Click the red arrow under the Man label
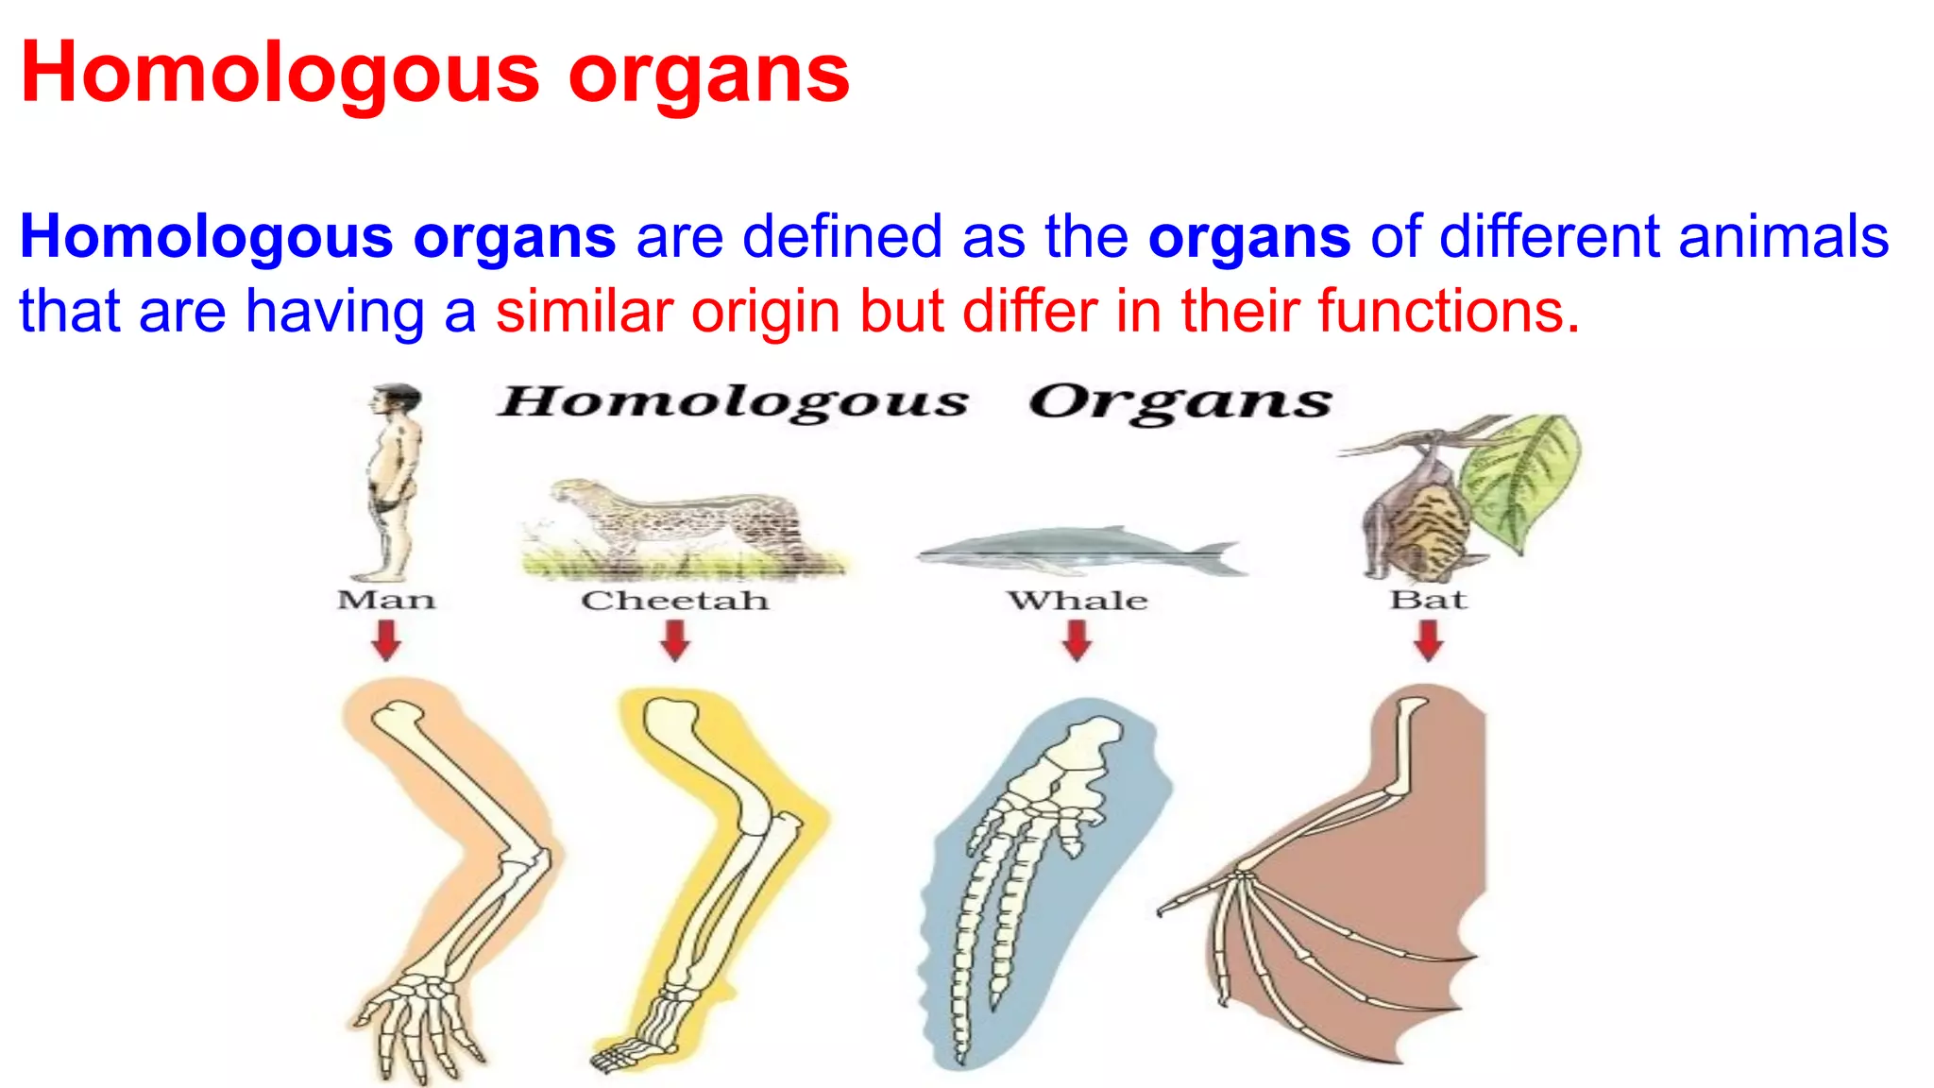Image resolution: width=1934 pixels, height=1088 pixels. (386, 640)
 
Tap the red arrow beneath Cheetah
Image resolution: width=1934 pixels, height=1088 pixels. (674, 640)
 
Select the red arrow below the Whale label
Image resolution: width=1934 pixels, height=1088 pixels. (1077, 640)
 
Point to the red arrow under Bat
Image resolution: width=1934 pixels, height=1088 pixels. (1429, 640)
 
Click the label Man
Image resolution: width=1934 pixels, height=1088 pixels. (386, 600)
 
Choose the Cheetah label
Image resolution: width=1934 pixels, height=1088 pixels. (674, 600)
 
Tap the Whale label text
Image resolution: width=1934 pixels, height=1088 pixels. (1077, 600)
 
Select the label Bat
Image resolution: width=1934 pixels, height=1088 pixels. (1428, 599)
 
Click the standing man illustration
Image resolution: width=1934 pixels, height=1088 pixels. (392, 482)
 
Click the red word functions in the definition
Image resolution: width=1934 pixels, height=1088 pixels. (1449, 311)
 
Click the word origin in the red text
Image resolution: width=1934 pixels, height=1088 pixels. (765, 311)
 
